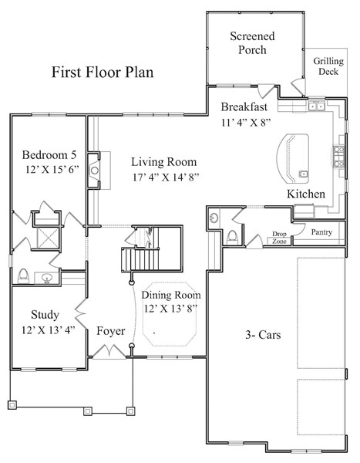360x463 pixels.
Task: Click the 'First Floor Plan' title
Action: tap(102, 73)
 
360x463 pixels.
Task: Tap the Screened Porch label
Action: tap(247, 43)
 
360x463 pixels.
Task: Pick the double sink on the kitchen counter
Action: tap(317, 106)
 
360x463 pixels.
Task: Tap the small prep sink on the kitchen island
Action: tap(303, 173)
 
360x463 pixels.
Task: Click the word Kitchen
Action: tap(306, 193)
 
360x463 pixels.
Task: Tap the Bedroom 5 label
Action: tap(46, 153)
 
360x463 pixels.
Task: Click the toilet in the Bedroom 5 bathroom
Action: tap(24, 274)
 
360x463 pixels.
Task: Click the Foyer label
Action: tap(111, 331)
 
